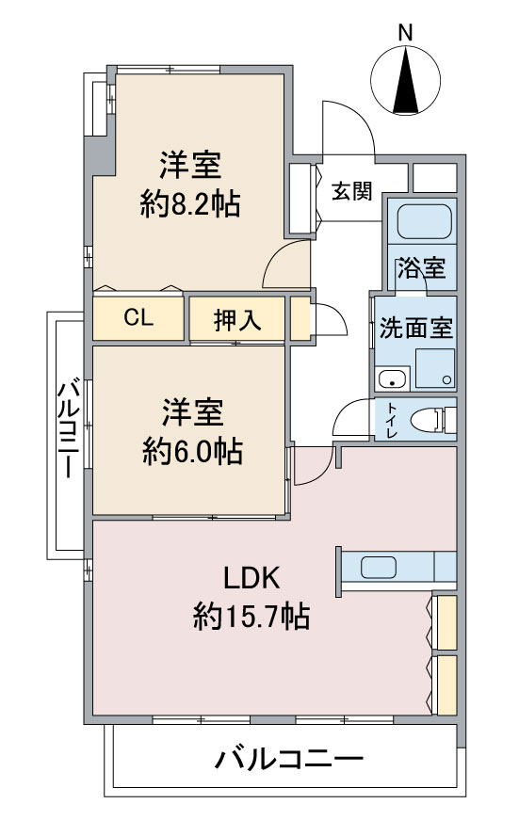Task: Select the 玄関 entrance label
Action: (350, 191)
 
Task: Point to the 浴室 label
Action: (421, 268)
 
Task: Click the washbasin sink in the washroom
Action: (390, 379)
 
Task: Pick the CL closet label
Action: (138, 318)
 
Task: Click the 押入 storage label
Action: (236, 320)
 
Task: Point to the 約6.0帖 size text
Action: (191, 452)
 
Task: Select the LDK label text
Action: (251, 577)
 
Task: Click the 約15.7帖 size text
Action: (251, 618)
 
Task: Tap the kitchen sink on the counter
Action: (379, 568)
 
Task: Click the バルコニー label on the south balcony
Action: (287, 760)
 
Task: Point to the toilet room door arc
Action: (349, 414)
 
